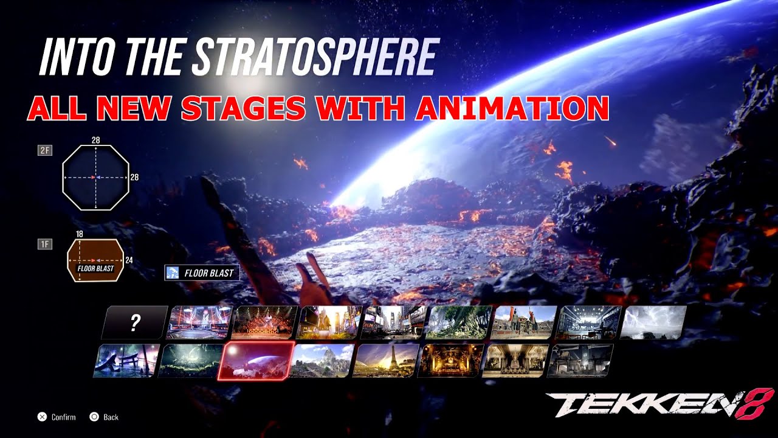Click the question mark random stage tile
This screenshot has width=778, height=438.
(x=134, y=322)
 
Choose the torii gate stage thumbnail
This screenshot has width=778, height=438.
(x=126, y=360)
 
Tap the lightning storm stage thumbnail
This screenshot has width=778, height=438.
(x=655, y=322)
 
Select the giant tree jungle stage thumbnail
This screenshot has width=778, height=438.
(x=460, y=322)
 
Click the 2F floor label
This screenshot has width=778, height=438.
(x=45, y=150)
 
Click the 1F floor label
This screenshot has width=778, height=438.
(x=45, y=244)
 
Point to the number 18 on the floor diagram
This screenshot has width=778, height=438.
(x=80, y=234)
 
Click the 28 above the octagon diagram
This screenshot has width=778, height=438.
(x=95, y=140)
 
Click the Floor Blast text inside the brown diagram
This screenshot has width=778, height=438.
(x=95, y=268)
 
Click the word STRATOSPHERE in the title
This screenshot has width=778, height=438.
(x=315, y=58)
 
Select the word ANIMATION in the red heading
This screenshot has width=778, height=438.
(x=512, y=108)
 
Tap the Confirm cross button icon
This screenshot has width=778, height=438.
(x=42, y=417)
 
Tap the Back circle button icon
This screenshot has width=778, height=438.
(x=94, y=417)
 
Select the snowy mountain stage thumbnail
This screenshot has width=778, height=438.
(x=321, y=360)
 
